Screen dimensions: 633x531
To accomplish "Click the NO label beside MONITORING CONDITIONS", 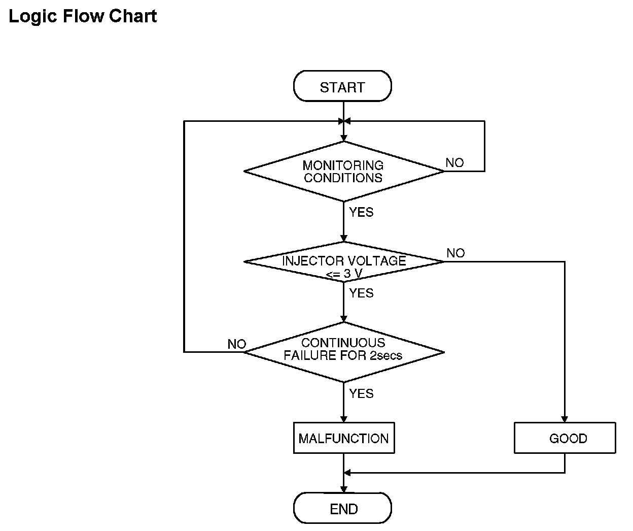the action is tap(454, 163).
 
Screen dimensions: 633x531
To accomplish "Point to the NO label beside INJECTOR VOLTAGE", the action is tap(455, 253).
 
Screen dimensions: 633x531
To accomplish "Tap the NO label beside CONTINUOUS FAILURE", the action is tap(237, 344).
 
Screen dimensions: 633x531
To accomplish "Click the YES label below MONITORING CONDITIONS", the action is tap(361, 212).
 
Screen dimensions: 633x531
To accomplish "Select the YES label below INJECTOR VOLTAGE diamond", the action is tap(361, 293).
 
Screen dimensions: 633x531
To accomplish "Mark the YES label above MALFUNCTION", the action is tap(361, 393).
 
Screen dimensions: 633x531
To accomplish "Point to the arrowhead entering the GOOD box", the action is tap(565, 419).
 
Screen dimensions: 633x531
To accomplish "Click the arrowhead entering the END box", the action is tap(343, 489).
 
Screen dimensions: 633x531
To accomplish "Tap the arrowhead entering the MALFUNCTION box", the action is tap(343, 419).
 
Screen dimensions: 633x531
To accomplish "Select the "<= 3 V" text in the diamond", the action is tap(344, 274).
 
